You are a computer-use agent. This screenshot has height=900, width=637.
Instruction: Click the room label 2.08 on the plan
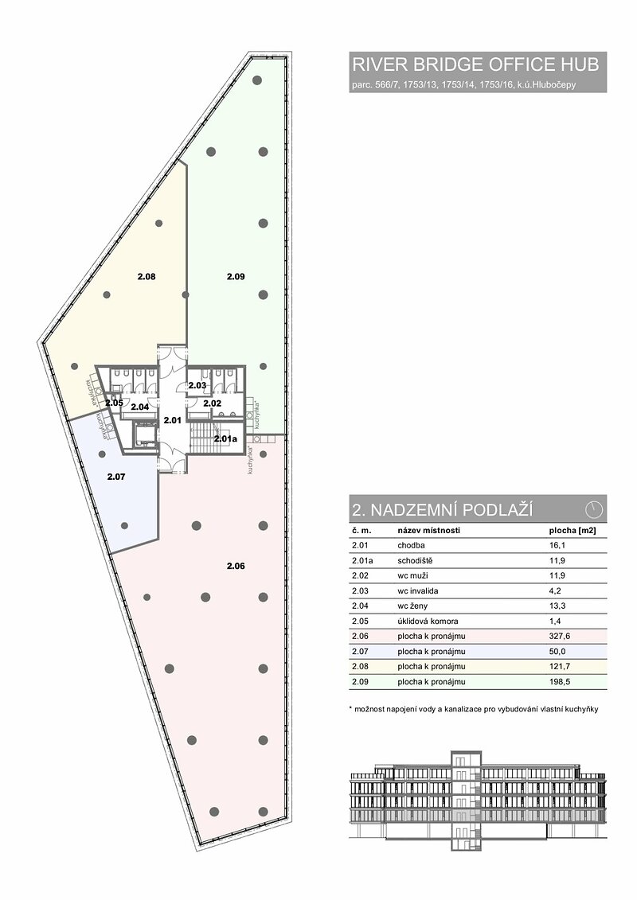[147, 277]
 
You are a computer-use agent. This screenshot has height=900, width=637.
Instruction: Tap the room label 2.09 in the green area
[236, 277]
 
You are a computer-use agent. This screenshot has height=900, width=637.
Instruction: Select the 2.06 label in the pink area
[236, 566]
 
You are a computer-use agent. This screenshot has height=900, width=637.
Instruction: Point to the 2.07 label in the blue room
[116, 477]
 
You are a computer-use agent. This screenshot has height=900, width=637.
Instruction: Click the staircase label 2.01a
[225, 439]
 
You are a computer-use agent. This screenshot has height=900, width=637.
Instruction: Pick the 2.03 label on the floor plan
[197, 385]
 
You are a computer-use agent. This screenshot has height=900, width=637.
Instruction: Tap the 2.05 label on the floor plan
[115, 403]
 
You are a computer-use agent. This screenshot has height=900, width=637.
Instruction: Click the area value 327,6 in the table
[560, 636]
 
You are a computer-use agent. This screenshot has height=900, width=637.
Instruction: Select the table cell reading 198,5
[560, 682]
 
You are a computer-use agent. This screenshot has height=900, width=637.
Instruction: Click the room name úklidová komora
[428, 621]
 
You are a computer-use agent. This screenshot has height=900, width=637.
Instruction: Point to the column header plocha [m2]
[572, 531]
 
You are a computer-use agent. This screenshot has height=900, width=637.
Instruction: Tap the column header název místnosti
[428, 531]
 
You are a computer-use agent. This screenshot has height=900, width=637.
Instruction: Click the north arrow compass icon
[594, 509]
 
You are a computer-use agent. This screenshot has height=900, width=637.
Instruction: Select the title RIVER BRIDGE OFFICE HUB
[475, 64]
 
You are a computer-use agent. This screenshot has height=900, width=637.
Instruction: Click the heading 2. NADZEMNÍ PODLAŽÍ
[442, 510]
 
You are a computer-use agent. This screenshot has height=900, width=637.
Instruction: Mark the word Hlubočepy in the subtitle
[557, 85]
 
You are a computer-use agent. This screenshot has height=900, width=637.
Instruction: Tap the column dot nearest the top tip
[258, 80]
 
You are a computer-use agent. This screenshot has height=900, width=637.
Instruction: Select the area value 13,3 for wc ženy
[557, 606]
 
